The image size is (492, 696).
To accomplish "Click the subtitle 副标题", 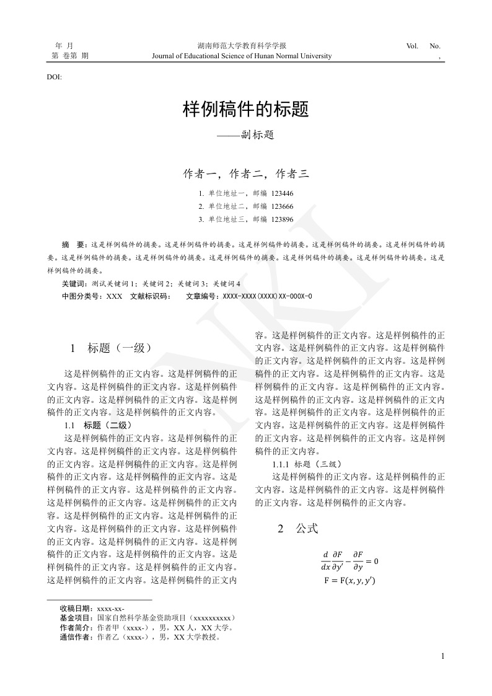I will tap(245, 134).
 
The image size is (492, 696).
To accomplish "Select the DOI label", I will tap(54, 77).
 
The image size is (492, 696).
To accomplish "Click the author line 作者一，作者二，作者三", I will tap(245, 174).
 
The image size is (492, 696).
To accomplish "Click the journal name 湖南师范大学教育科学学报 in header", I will tap(242, 46).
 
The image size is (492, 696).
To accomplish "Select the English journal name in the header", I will tap(242, 56).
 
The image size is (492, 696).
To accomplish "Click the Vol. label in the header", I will tap(413, 46).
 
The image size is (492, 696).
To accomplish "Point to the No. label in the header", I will tap(435, 46).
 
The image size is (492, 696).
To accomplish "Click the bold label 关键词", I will tap(74, 283).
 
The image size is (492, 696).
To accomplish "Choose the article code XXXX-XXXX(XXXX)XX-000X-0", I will tap(267, 296).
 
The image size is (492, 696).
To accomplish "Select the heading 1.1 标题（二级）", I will tap(98, 425).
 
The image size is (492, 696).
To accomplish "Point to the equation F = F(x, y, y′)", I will tap(350, 581).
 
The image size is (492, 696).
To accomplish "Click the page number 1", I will tap(442, 657).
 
